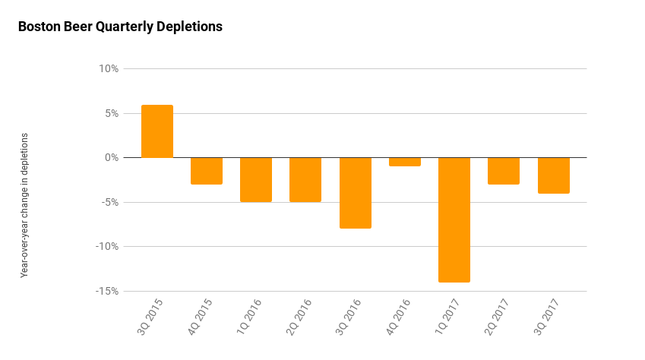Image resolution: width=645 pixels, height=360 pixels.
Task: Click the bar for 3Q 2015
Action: click(x=157, y=131)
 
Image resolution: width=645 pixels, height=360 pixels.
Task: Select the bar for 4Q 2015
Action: click(x=207, y=171)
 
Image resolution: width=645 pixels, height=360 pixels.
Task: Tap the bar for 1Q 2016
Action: click(x=256, y=179)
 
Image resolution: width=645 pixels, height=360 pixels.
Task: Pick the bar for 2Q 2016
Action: click(x=305, y=179)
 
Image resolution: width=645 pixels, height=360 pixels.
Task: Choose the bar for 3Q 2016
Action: click(x=355, y=193)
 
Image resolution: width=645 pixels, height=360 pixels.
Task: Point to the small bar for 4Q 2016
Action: click(x=405, y=162)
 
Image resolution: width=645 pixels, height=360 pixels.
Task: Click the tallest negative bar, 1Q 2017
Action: click(x=454, y=219)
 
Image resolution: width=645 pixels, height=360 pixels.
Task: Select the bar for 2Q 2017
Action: click(x=504, y=171)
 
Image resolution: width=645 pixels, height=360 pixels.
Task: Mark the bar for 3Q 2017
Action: click(x=553, y=175)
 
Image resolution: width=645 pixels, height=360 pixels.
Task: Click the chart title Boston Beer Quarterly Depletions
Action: click(x=120, y=27)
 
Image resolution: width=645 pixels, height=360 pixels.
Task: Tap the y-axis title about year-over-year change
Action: click(x=24, y=205)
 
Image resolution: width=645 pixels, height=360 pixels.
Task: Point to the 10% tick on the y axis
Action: click(x=109, y=69)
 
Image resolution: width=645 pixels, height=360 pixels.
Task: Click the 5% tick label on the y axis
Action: click(x=111, y=113)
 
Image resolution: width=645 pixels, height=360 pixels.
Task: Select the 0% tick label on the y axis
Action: click(x=111, y=158)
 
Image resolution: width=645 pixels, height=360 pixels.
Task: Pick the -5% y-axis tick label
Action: click(x=109, y=202)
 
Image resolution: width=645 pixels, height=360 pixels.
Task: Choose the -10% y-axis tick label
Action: click(x=107, y=247)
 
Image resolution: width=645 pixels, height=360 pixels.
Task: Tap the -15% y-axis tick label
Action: click(x=107, y=291)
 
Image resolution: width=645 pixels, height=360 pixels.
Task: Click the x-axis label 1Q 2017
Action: click(x=450, y=318)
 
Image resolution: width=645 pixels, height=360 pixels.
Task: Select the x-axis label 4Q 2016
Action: click(x=400, y=318)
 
